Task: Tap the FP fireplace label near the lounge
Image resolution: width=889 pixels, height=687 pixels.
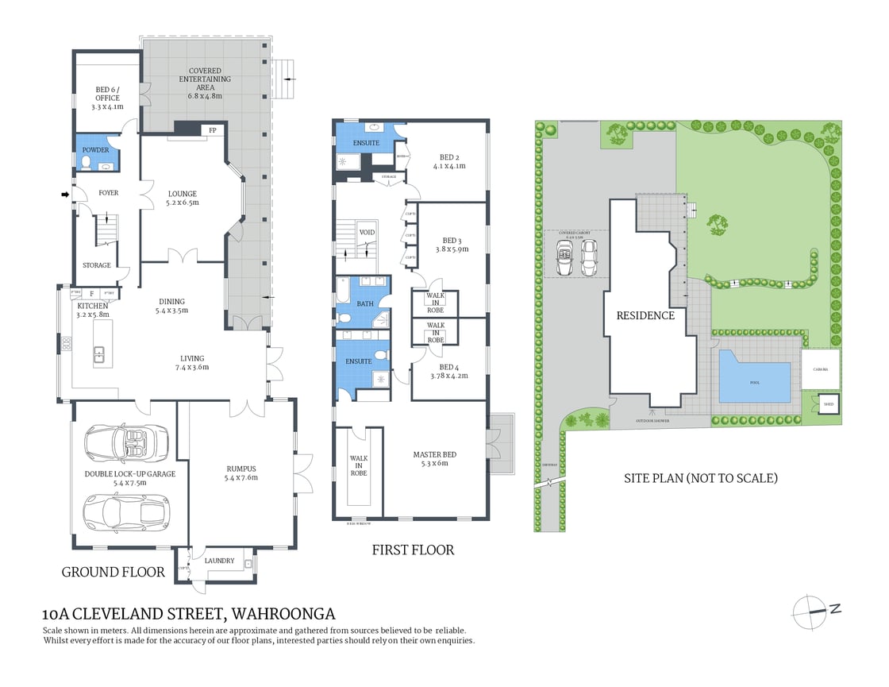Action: (212, 130)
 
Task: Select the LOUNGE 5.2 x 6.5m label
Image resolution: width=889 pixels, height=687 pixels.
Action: (183, 198)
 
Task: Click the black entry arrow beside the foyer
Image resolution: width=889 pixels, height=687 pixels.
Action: (65, 193)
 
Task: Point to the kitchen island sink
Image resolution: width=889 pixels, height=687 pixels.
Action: (99, 355)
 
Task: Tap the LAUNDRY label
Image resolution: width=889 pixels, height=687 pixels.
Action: (219, 561)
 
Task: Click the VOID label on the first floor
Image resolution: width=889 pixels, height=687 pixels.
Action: (367, 232)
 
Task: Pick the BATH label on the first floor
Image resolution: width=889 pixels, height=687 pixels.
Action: (365, 303)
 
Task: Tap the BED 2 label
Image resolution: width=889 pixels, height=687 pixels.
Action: (448, 161)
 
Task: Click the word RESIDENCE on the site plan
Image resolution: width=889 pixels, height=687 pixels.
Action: (645, 315)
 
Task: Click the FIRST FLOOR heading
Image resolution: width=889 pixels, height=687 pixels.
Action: (413, 550)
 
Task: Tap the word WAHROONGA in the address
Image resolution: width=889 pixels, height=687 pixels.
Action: (283, 614)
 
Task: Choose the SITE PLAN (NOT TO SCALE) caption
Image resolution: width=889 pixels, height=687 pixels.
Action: (699, 478)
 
